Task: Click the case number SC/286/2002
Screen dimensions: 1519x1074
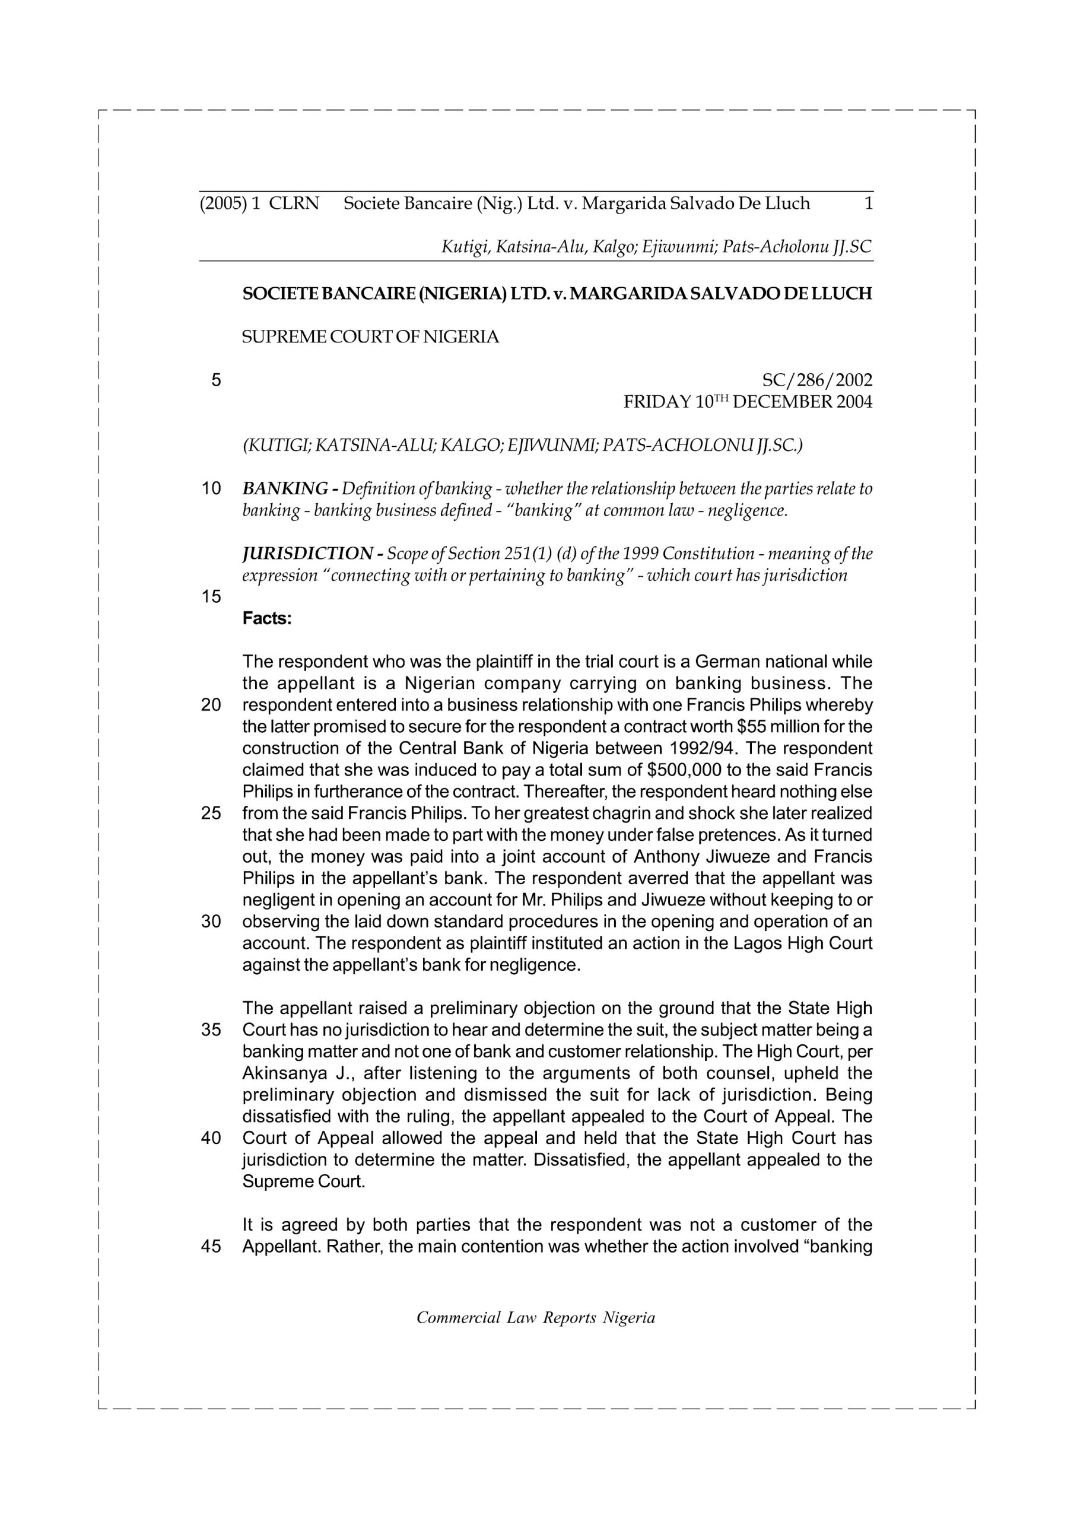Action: tap(817, 380)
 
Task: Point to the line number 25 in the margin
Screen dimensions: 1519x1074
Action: tap(211, 813)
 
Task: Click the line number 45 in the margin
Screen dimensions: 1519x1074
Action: tap(211, 1247)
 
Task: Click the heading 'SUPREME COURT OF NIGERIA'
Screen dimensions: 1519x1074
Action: tap(371, 338)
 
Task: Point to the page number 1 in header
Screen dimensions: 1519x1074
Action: tap(868, 203)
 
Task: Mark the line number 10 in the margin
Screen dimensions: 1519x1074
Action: tap(211, 489)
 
